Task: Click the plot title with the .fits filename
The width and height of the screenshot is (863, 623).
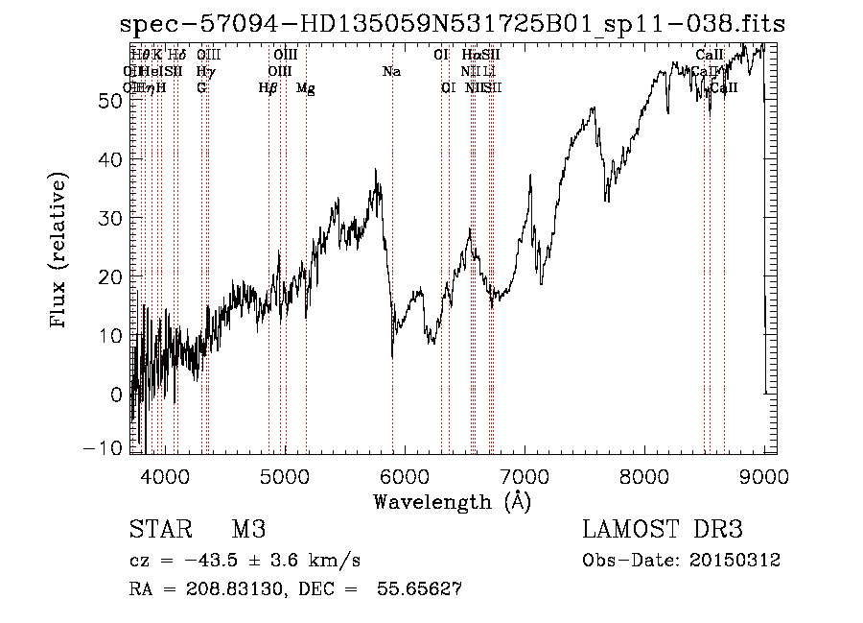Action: (452, 23)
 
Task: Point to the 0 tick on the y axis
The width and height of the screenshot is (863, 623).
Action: (117, 394)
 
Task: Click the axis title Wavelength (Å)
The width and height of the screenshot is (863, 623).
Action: (452, 501)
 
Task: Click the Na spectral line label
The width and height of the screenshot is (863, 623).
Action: (391, 72)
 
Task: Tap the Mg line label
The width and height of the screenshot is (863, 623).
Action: (306, 88)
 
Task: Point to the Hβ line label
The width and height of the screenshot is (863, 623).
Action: (268, 88)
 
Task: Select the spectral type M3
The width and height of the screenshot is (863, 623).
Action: (248, 531)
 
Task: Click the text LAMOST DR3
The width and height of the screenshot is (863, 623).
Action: (663, 531)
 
